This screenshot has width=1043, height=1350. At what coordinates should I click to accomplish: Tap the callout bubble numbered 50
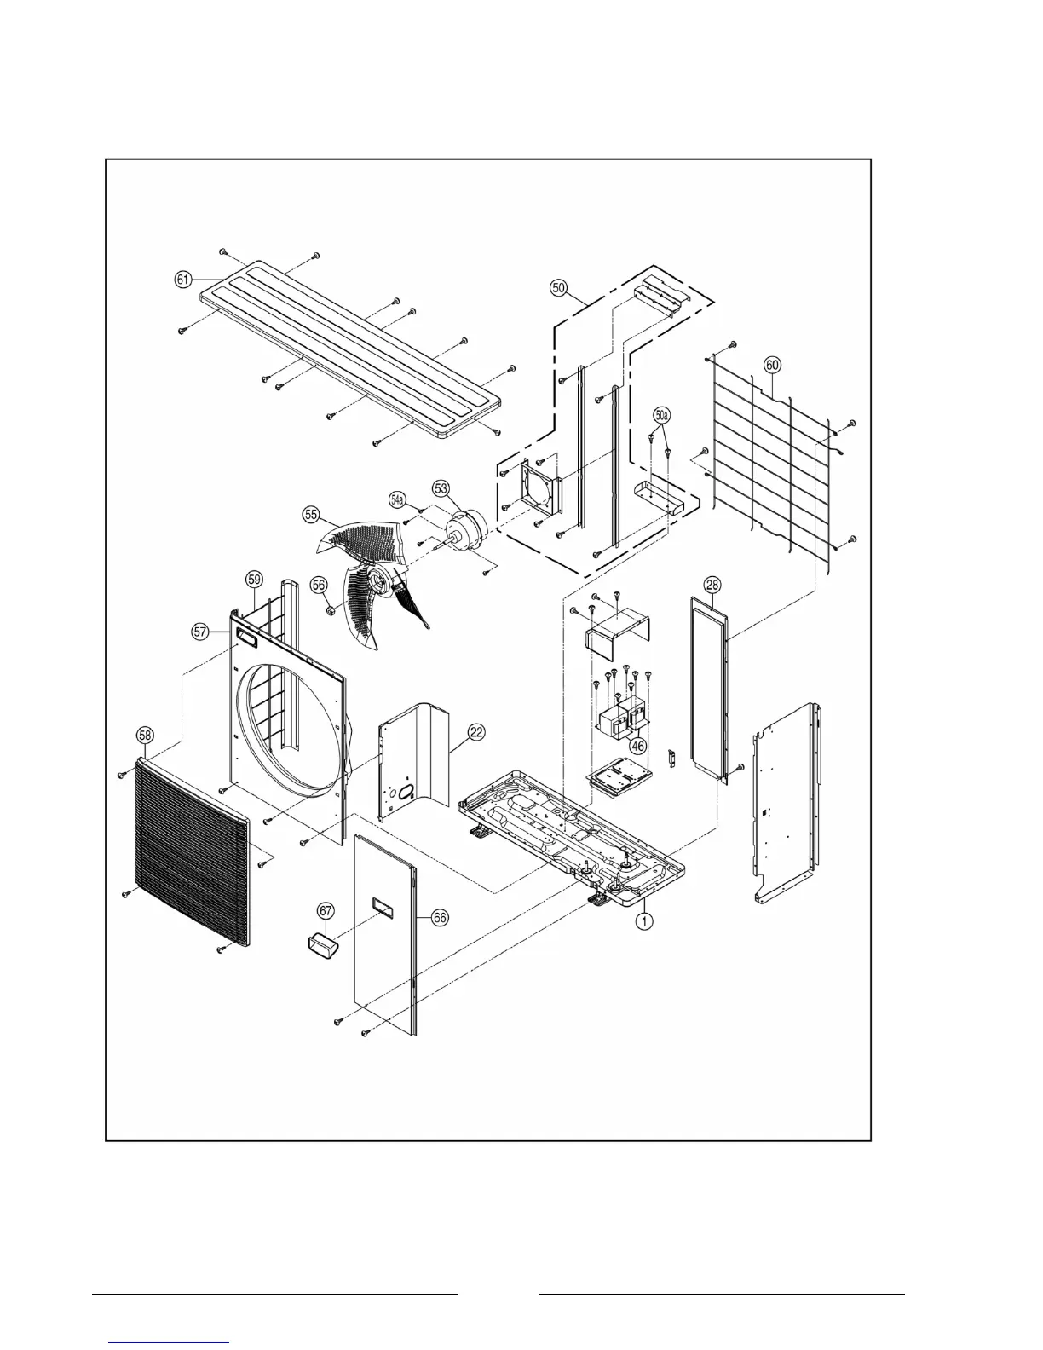558,288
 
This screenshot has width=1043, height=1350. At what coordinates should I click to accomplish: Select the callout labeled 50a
662,415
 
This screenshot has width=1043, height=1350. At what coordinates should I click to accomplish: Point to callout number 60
771,365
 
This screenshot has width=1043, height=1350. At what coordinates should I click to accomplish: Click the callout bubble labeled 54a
398,498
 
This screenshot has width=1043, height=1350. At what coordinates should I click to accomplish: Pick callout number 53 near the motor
441,488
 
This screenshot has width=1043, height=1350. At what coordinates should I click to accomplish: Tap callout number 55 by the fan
311,515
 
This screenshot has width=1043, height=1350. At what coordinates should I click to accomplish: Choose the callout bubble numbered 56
318,585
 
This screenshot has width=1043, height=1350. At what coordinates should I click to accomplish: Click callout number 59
254,579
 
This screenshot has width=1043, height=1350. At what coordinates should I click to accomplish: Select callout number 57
200,632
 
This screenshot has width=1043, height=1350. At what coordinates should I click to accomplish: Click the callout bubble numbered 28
712,584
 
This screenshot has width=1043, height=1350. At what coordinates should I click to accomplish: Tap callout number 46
636,745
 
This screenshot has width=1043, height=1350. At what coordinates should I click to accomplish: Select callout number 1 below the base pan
646,920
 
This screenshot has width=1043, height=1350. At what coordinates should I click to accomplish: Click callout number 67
325,910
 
